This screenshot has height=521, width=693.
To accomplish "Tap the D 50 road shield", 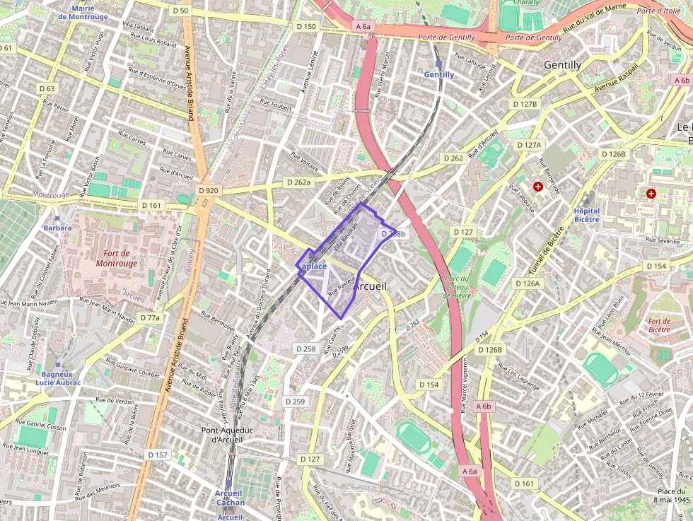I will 180,11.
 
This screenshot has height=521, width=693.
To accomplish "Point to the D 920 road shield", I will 209,190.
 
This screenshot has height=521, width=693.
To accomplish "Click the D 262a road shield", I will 298,182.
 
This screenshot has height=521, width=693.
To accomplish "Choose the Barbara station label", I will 57,228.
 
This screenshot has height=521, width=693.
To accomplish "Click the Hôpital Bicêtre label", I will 586,215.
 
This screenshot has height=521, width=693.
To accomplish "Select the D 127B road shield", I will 524,104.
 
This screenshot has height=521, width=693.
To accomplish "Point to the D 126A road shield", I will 528,283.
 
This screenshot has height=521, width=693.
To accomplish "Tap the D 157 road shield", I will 157,455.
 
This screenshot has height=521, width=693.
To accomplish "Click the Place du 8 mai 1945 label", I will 672,496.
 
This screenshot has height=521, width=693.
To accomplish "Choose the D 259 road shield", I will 295,402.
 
